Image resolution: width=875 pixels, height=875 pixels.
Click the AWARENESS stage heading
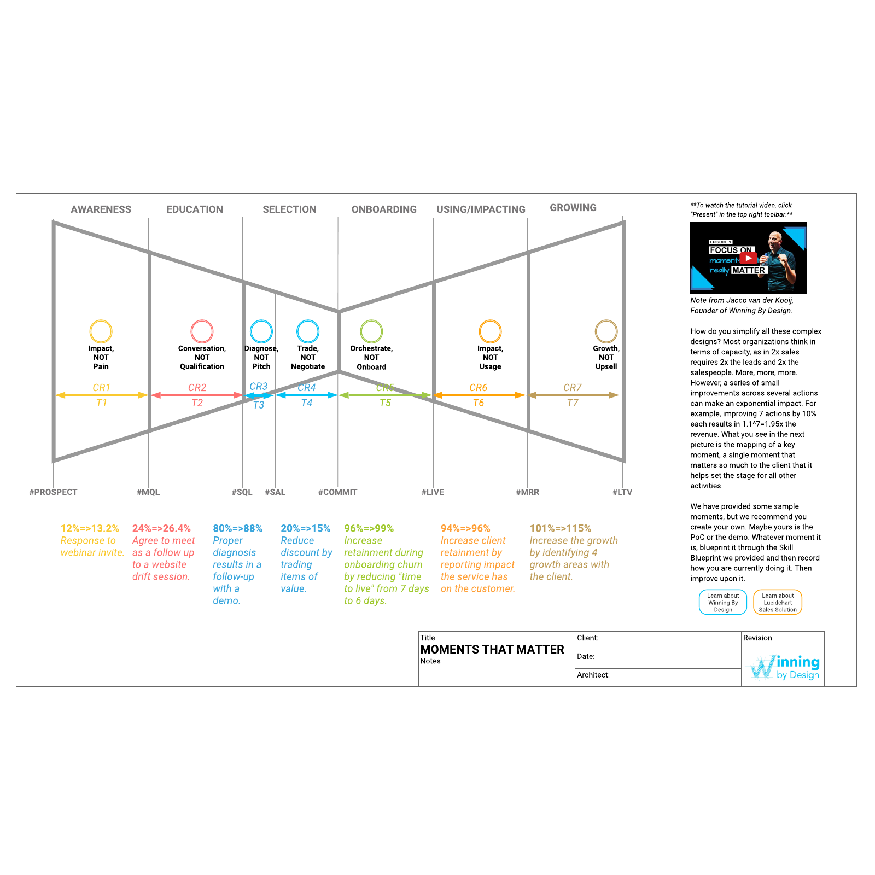(101, 209)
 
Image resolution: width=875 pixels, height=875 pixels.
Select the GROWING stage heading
(573, 208)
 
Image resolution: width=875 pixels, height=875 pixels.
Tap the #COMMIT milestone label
(337, 492)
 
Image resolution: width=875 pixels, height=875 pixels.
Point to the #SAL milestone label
(275, 492)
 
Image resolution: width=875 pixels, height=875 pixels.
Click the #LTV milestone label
(622, 492)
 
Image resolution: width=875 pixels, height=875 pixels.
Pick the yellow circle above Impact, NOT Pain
(101, 320)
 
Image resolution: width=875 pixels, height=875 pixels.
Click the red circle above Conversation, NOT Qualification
(202, 320)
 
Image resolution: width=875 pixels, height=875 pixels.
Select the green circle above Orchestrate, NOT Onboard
(371, 320)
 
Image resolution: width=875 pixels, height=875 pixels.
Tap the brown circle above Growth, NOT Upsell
(606, 320)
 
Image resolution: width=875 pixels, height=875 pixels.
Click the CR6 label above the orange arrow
(478, 388)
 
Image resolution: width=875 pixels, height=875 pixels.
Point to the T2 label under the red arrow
(197, 403)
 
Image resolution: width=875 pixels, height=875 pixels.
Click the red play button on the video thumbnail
(748, 258)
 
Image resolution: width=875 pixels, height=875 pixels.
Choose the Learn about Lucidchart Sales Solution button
(778, 602)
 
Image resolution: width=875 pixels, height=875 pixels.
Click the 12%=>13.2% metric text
(90, 528)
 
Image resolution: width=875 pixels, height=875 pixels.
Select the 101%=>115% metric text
(561, 528)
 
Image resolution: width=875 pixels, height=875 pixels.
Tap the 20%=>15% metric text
(306, 528)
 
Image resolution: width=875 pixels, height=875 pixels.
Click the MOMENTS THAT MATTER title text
(492, 650)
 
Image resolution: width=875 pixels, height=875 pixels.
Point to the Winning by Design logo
(785, 667)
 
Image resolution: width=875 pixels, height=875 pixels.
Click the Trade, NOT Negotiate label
(308, 358)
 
